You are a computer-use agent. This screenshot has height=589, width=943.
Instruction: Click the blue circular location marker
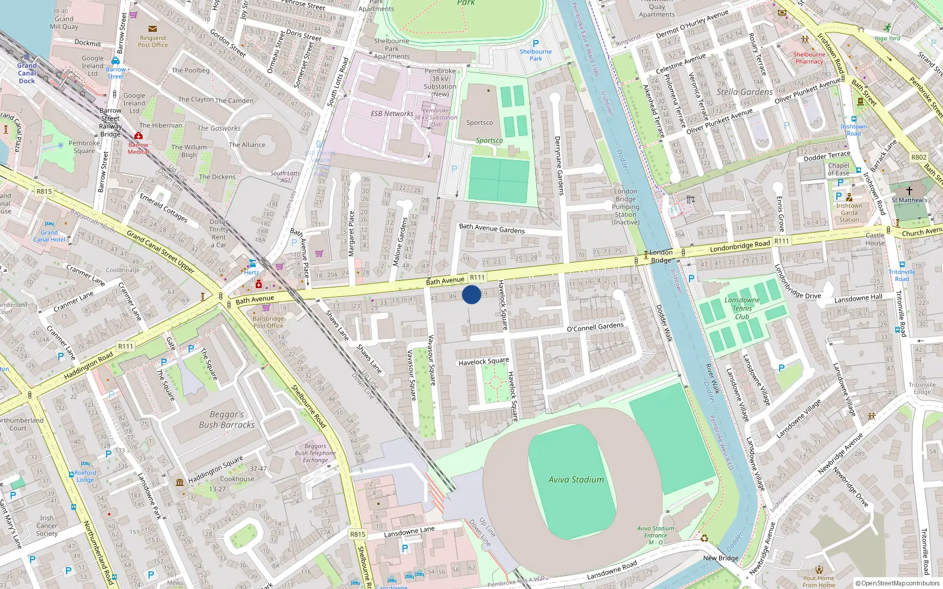click(x=471, y=294)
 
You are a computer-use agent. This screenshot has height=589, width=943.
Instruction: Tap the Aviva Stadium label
click(x=576, y=480)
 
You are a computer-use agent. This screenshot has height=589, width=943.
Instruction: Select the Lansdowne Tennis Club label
click(x=742, y=308)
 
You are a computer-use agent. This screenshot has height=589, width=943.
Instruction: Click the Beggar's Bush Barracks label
click(x=227, y=419)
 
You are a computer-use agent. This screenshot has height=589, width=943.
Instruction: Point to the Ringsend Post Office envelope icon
click(x=153, y=28)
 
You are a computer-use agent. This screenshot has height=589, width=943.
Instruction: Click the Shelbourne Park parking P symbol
click(x=536, y=44)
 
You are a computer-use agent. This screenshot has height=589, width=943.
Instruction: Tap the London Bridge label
click(x=661, y=256)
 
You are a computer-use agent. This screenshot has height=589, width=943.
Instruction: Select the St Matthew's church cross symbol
click(x=909, y=190)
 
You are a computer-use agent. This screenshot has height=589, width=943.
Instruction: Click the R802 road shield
click(x=918, y=157)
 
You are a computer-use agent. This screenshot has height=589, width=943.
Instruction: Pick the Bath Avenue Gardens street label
click(x=492, y=228)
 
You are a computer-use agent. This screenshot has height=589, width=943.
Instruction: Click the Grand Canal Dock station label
click(x=27, y=73)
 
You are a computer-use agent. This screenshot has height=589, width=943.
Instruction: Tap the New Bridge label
click(x=720, y=558)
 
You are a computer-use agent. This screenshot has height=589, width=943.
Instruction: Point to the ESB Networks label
click(x=392, y=114)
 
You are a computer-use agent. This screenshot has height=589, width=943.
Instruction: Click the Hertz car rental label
click(x=252, y=272)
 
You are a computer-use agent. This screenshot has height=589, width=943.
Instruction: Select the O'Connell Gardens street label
click(x=595, y=327)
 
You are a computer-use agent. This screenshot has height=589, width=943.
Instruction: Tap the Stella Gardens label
click(x=744, y=92)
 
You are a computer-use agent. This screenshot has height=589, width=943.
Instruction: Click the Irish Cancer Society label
click(x=47, y=526)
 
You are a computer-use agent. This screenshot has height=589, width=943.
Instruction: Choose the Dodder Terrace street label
click(x=827, y=156)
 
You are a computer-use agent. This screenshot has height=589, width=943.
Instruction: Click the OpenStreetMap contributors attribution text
click(x=898, y=583)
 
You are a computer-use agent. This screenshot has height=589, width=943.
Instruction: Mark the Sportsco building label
click(x=479, y=123)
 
